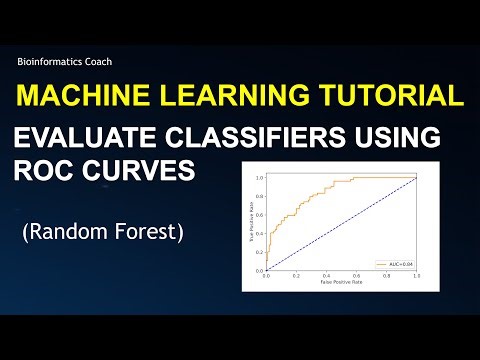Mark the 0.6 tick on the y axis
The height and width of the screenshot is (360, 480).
[258, 215]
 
